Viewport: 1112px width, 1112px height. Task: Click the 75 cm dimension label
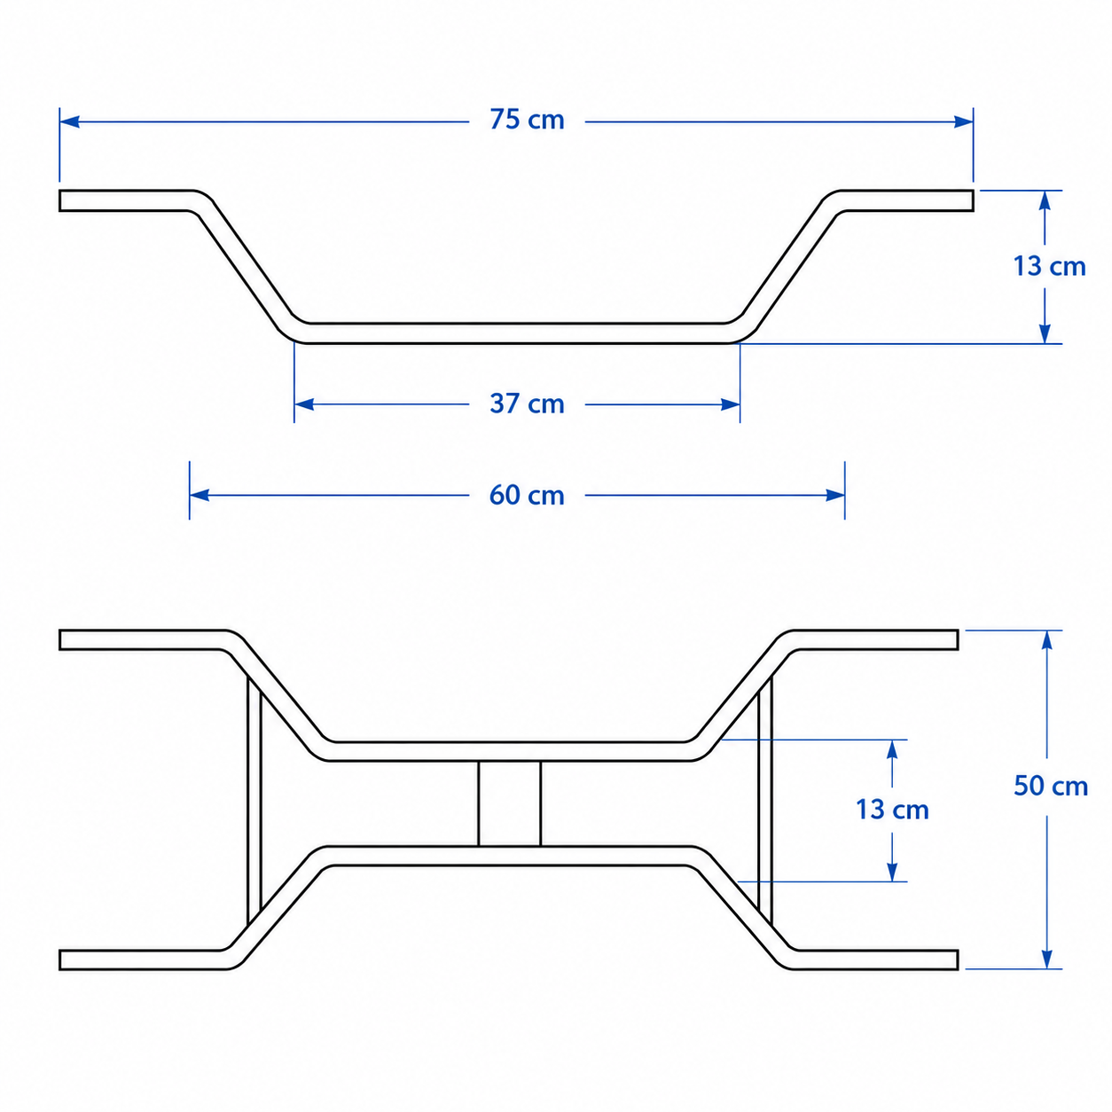click(x=526, y=120)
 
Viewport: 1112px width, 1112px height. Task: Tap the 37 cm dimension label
click(x=526, y=403)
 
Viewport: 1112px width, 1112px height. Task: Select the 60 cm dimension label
click(x=526, y=495)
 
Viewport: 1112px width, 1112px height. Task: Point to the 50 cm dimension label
click(x=1050, y=786)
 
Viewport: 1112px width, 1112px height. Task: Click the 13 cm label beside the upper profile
click(x=1049, y=266)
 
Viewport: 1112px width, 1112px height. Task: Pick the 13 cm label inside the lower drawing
click(x=892, y=810)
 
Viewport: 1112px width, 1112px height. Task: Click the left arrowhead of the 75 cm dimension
click(x=69, y=121)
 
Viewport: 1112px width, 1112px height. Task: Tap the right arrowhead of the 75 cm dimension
click(x=963, y=121)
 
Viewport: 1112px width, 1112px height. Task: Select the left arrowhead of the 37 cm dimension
click(x=304, y=404)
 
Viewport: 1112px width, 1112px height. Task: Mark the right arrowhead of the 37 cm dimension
click(x=730, y=404)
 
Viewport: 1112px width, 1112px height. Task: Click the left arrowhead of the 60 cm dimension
click(x=200, y=495)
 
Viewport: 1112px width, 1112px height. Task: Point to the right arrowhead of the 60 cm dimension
click(x=835, y=495)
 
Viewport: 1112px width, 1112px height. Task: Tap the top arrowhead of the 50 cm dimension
click(x=1046, y=640)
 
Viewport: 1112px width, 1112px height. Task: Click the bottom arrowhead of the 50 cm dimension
click(x=1046, y=959)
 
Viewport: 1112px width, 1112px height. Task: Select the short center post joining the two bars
click(x=510, y=803)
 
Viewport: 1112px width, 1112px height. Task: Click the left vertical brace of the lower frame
click(x=254, y=803)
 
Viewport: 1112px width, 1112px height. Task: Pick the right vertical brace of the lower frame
click(x=764, y=803)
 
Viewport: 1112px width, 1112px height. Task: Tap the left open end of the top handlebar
click(x=60, y=200)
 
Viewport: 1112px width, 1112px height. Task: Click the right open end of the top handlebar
click(x=973, y=200)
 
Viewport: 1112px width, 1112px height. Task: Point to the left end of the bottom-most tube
click(x=60, y=959)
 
